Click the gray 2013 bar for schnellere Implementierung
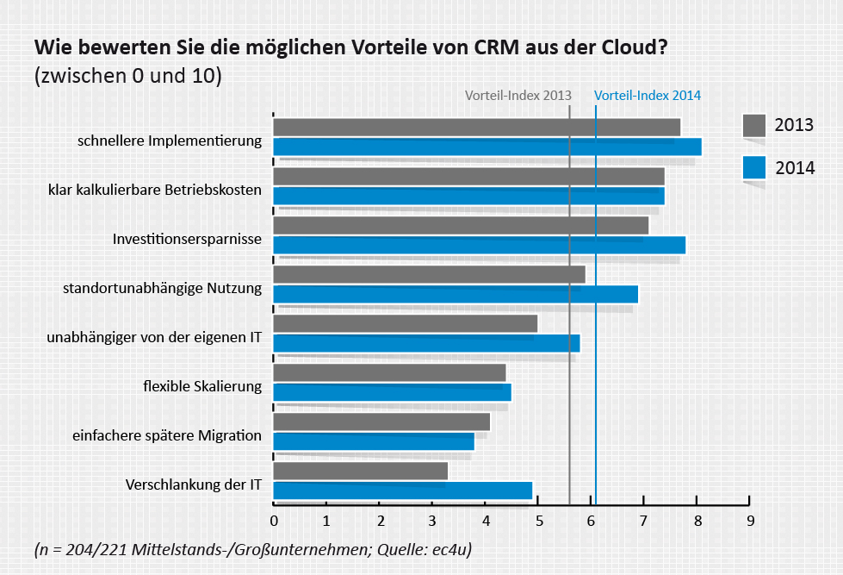point(476,127)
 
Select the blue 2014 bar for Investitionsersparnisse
point(479,245)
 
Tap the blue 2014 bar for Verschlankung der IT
point(402,491)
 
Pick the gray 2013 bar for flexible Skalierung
point(389,372)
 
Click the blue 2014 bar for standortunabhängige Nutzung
point(456,294)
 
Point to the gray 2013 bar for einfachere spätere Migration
point(381,422)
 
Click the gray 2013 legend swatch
point(754,126)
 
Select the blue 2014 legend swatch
point(754,167)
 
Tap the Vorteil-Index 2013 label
point(518,96)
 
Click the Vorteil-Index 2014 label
point(648,96)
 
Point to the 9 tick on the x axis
point(750,521)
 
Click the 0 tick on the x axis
point(274,521)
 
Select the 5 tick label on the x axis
point(538,521)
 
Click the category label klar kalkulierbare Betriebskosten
point(154,189)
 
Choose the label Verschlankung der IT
point(193,484)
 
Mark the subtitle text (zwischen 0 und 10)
point(127,76)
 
